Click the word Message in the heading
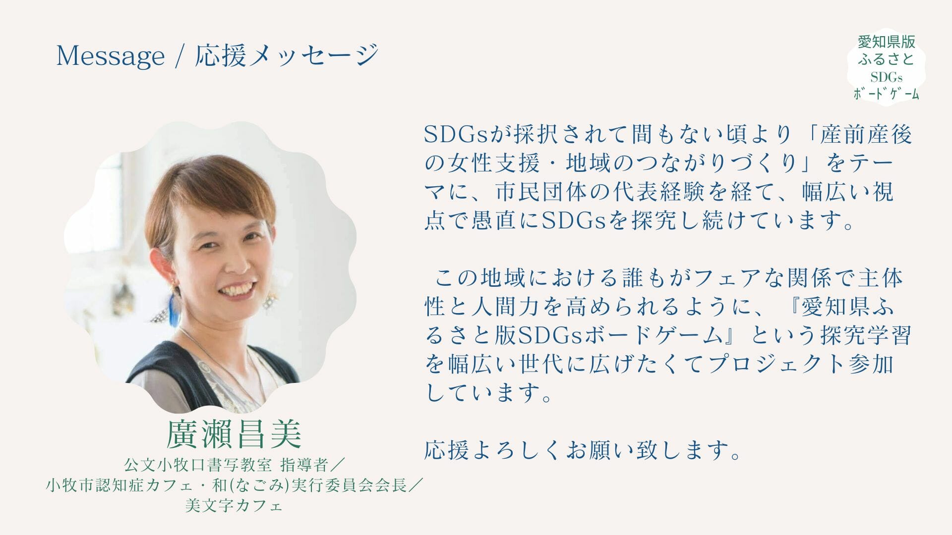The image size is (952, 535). [x=110, y=55]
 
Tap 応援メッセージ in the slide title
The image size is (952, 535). [x=287, y=55]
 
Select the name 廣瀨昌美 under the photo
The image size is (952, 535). [x=234, y=434]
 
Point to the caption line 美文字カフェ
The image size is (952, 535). [x=234, y=506]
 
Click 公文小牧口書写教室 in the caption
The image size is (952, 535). [x=198, y=465]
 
